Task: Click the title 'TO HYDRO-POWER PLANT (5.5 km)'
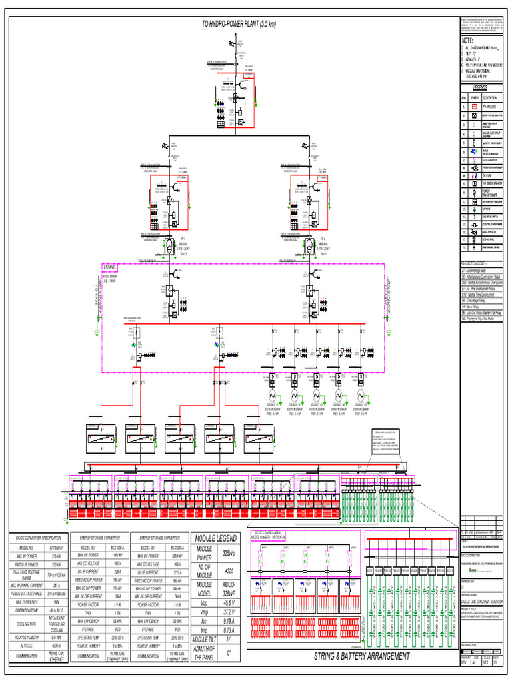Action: tap(239, 24)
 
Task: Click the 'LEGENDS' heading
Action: tap(481, 87)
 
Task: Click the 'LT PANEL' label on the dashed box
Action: tap(110, 267)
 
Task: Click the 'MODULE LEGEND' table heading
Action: tap(215, 538)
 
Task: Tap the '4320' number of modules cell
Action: tap(229, 571)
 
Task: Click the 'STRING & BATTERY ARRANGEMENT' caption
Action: tap(362, 656)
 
